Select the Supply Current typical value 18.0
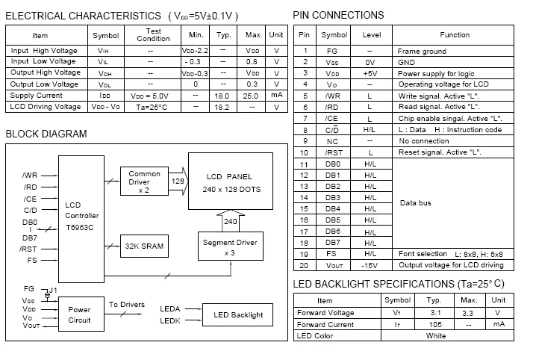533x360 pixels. (222, 96)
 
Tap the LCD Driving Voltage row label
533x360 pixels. (46, 106)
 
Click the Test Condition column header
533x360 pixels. (153, 34)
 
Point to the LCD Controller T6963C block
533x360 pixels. (81, 219)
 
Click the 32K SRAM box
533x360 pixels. (144, 246)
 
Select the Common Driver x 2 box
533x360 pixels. (144, 181)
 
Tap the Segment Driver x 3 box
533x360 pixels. (231, 246)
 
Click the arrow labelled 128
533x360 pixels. (178, 181)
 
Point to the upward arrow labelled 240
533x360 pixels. (231, 220)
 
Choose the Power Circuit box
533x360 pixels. (81, 314)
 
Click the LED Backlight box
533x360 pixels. (237, 314)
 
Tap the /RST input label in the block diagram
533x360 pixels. (28, 249)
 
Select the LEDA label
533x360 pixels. (170, 309)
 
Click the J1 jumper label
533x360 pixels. (53, 290)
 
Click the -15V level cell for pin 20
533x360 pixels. (370, 265)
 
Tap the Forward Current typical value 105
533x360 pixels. (435, 325)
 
